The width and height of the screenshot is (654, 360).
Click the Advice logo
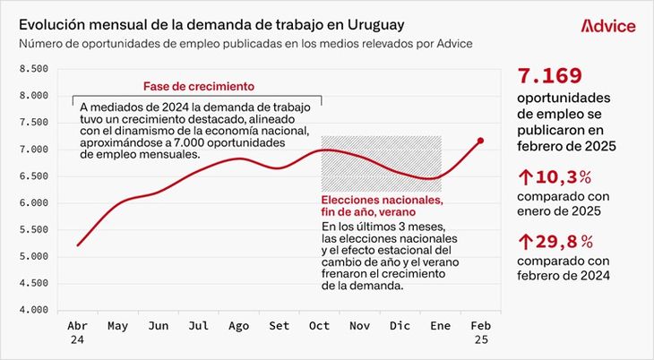pyautogui.click(x=607, y=26)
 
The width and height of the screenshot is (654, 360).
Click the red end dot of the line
pyautogui.click(x=480, y=141)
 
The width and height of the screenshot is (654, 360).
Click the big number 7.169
pyautogui.click(x=550, y=75)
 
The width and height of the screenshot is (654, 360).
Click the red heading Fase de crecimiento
pyautogui.click(x=199, y=86)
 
